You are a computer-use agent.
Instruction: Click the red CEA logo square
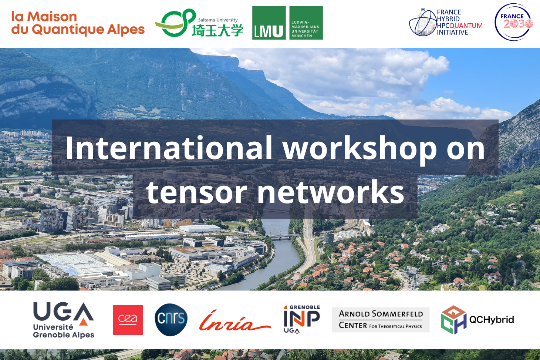(128, 320)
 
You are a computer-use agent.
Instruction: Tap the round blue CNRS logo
(171, 320)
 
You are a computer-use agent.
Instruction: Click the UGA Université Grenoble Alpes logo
(64, 320)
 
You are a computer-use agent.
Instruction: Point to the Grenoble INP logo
(302, 319)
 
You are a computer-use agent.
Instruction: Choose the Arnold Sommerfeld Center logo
(381, 320)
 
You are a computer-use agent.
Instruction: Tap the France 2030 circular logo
(513, 22)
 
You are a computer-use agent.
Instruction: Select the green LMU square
(269, 23)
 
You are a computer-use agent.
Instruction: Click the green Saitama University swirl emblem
(175, 23)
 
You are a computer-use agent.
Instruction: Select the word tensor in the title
(197, 192)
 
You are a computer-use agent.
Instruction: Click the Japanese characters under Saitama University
(218, 30)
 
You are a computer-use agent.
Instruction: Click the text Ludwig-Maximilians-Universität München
(306, 29)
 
